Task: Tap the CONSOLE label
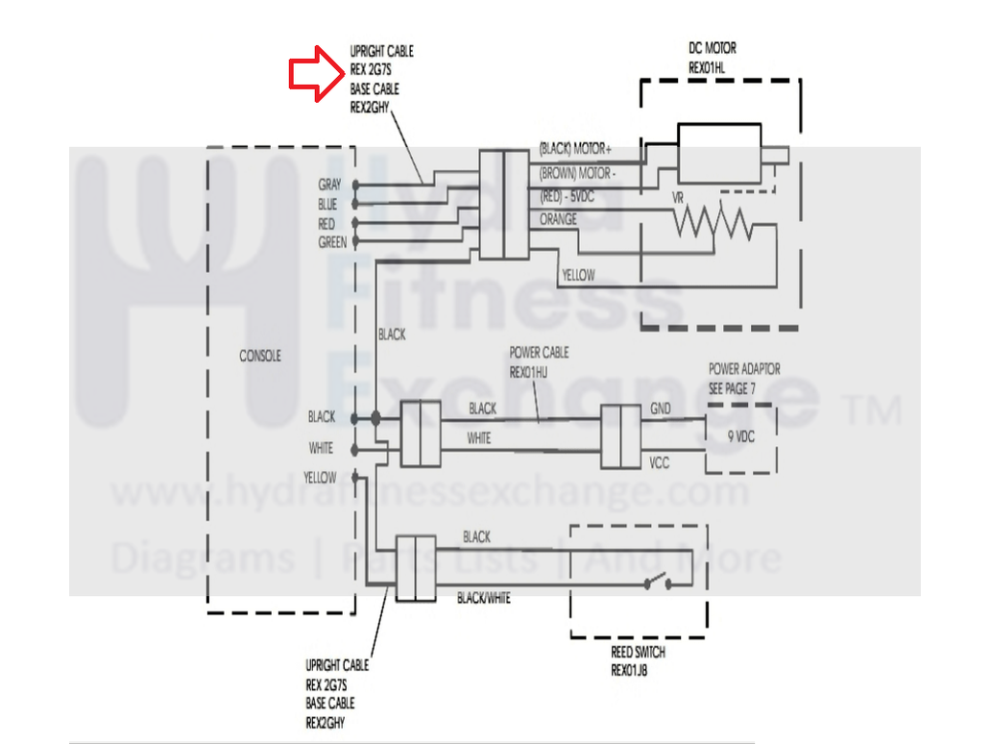point(260,357)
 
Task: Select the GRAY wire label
point(329,185)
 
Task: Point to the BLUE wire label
point(327,205)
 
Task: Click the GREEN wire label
point(332,242)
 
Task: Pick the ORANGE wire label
point(558,219)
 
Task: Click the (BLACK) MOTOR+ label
point(575,149)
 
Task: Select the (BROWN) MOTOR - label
point(578,173)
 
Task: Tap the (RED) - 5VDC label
point(567,197)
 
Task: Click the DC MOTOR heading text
point(713,48)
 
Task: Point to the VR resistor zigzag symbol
point(713,223)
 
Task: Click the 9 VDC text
point(740,436)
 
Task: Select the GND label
point(661,409)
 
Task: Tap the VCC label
point(659,463)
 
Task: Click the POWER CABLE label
point(539,353)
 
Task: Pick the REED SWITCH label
point(638,652)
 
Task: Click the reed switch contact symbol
point(659,581)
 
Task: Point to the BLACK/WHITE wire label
point(483,598)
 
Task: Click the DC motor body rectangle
point(719,154)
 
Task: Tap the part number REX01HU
point(528,373)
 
